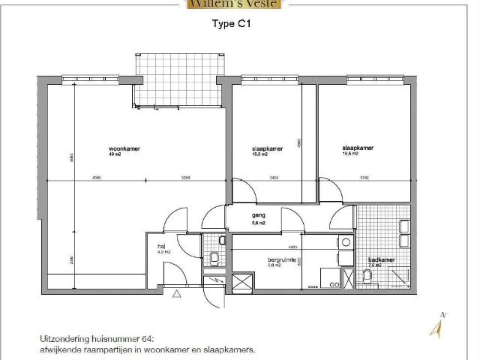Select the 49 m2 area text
click(115, 154)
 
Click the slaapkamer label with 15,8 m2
click(267, 148)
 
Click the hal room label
click(160, 246)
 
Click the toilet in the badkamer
click(367, 277)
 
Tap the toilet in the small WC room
click(215, 259)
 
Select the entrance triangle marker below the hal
click(177, 295)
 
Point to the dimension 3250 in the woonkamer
click(186, 178)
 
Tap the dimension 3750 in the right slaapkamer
click(364, 178)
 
